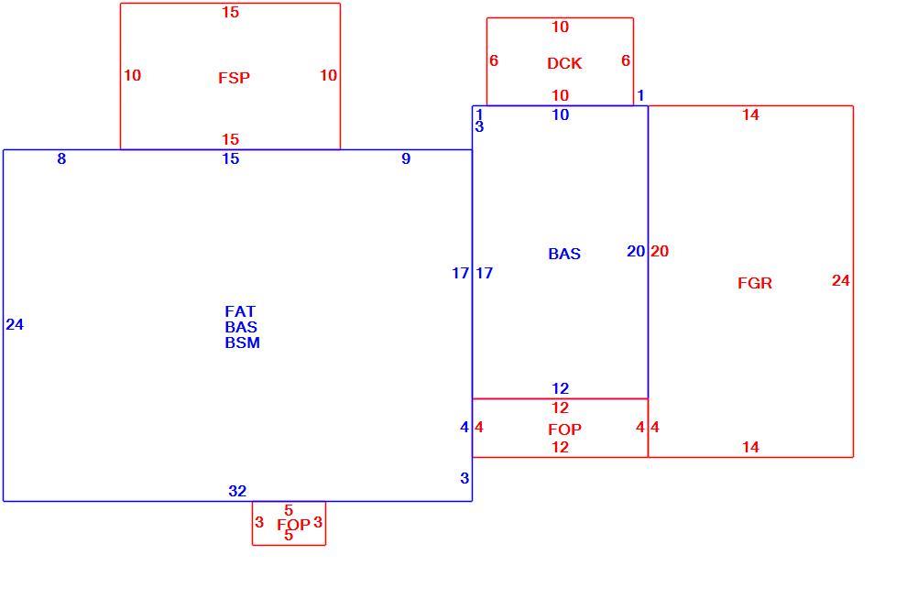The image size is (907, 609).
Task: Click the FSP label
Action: (x=235, y=78)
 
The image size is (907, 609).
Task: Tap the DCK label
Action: (x=564, y=63)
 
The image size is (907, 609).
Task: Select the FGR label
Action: (x=755, y=283)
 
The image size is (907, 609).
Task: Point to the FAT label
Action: (x=240, y=311)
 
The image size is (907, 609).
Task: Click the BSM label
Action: (x=243, y=343)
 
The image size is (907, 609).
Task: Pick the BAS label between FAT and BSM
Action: (x=241, y=327)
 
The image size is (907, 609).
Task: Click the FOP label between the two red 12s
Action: (x=564, y=430)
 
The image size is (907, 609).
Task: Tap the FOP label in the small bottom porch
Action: (x=293, y=525)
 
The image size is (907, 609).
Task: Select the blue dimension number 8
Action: (x=62, y=158)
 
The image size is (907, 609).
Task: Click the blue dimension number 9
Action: (x=406, y=158)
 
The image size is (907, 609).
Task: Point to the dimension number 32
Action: (x=237, y=491)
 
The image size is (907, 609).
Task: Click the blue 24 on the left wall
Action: (x=15, y=324)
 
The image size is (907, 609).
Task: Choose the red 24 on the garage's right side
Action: (x=841, y=280)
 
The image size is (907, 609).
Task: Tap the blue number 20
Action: (x=637, y=251)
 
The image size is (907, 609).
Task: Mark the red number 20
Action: (x=660, y=251)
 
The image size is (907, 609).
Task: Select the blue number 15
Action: (x=231, y=158)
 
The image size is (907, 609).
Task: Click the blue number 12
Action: (x=561, y=388)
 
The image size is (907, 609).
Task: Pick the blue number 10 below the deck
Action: (x=561, y=114)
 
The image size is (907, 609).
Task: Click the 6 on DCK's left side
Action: (x=494, y=60)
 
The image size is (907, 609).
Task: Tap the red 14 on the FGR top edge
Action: (x=751, y=114)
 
